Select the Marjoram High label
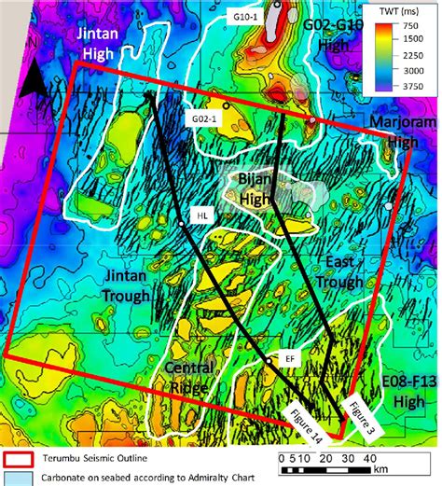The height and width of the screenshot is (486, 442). click(x=403, y=132)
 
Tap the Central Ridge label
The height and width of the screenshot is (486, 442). click(x=186, y=375)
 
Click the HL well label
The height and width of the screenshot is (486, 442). click(x=202, y=215)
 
